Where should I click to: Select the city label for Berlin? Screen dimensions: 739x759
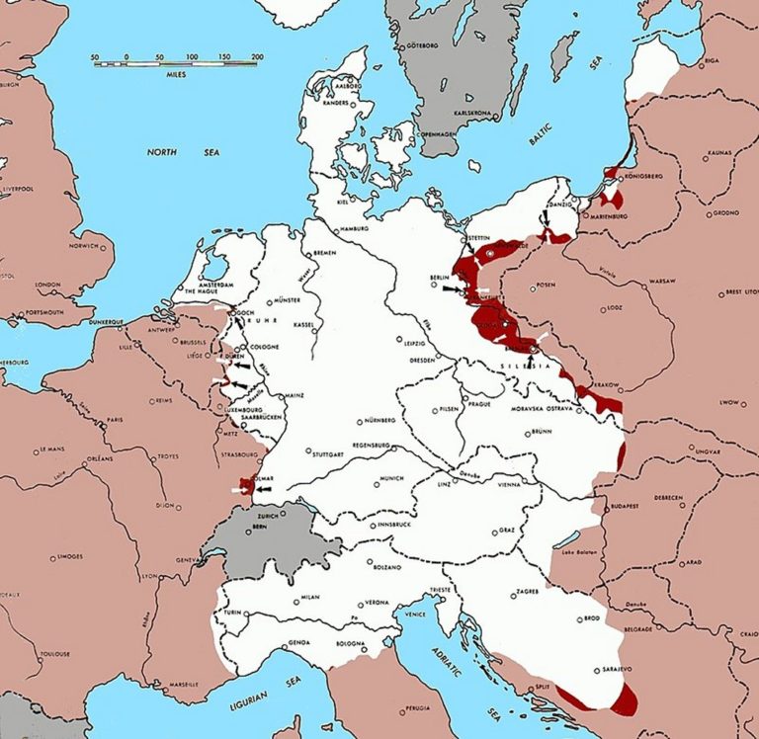[x=440, y=280]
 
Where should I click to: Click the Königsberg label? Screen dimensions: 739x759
[x=650, y=177]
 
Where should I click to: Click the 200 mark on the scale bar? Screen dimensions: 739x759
[x=258, y=57]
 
